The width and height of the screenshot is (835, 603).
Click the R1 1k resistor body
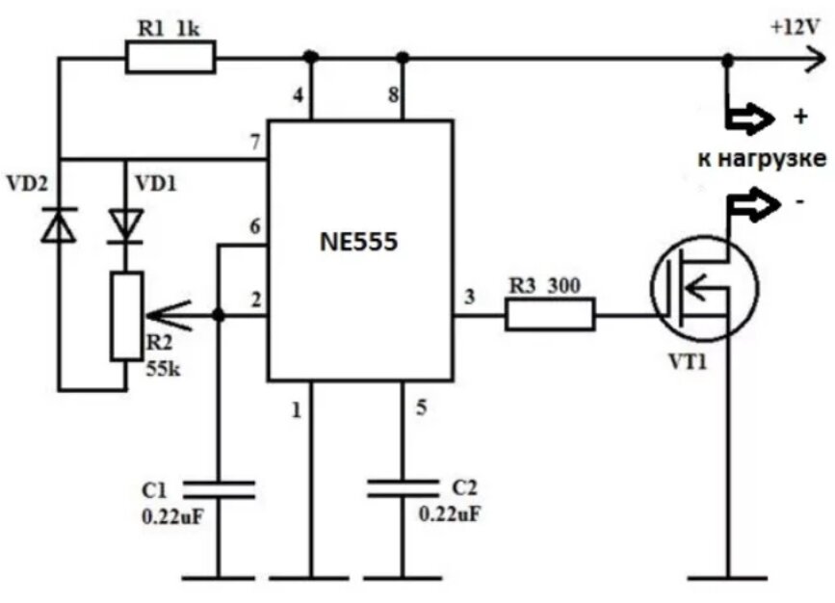click(170, 57)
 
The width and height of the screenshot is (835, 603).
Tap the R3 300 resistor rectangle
click(550, 314)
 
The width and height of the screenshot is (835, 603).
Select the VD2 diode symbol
click(59, 225)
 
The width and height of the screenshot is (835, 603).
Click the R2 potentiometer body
click(127, 316)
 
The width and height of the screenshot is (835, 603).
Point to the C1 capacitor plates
click(219, 490)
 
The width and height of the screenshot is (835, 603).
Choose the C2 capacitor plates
click(404, 488)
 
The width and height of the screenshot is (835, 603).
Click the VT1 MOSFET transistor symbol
click(705, 287)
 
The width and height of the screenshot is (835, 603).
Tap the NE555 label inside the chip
click(359, 243)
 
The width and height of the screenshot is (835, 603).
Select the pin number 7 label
click(255, 143)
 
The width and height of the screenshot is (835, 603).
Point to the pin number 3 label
click(469, 297)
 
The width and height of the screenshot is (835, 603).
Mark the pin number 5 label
click(421, 407)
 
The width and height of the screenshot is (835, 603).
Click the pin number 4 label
click(299, 96)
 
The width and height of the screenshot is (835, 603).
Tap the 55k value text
click(164, 369)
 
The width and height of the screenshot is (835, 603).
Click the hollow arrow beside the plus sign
click(750, 118)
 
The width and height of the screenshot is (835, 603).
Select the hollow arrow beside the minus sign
click(755, 204)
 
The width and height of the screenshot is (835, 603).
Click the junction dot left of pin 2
click(219, 315)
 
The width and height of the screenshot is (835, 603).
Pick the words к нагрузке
click(762, 159)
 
